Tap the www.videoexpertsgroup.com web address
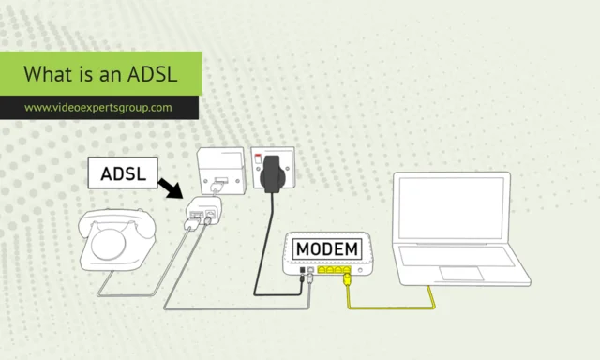tap(98, 107)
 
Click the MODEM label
tap(326, 248)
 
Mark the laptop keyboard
tap(457, 257)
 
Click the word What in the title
tap(44, 73)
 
